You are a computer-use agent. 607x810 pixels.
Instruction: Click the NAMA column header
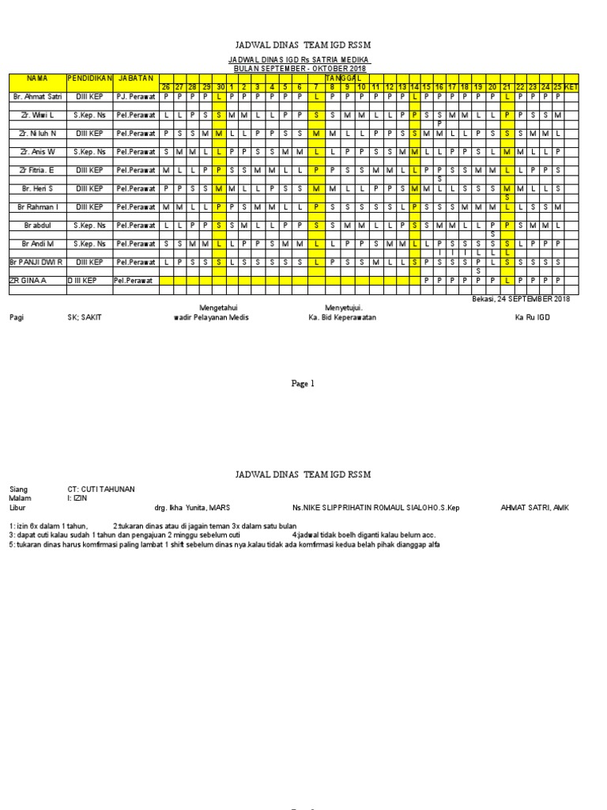[37, 78]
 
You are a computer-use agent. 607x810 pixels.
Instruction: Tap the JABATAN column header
[134, 78]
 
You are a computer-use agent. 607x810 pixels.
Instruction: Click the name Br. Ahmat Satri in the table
[36, 97]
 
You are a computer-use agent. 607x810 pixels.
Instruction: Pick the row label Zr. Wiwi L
[37, 115]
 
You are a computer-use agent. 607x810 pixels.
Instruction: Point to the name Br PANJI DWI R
[36, 261]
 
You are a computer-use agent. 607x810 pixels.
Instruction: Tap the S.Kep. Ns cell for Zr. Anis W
[89, 151]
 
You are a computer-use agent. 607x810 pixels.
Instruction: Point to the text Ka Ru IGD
[532, 317]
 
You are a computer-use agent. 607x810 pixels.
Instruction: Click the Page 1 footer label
[303, 384]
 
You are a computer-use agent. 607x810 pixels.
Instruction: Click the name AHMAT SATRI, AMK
[534, 507]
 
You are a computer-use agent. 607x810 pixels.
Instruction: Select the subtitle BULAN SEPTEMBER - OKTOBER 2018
[299, 69]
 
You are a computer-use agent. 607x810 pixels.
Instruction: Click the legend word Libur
[18, 507]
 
